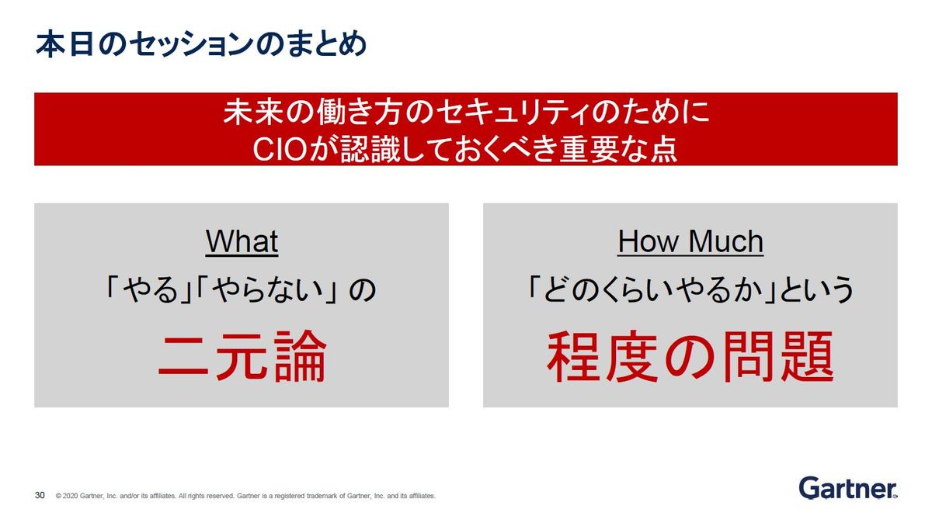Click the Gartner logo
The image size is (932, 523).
pos(848,488)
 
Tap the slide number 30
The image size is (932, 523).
pos(40,495)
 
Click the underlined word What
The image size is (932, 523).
pos(242,241)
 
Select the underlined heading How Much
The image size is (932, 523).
pos(690,241)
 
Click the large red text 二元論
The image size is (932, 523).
pos(242,356)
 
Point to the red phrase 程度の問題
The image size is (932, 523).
pos(690,356)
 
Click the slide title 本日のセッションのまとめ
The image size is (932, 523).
pos(201,43)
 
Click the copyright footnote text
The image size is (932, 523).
pos(245,496)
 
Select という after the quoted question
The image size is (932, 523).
pos(816,289)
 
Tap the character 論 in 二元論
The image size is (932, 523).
pos(301,356)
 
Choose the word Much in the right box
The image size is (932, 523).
pos(726,241)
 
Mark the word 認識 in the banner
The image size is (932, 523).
pos(370,149)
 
